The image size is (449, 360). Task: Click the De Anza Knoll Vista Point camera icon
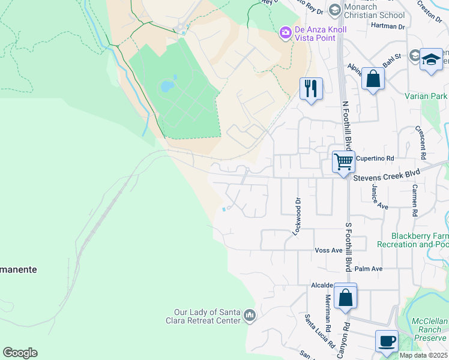tap(286, 31)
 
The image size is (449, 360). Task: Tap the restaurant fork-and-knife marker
tap(311, 89)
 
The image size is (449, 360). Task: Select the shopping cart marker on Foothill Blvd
tap(343, 161)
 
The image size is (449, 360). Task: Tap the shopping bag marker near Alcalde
tap(345, 296)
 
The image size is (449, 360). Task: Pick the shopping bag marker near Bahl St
tap(373, 79)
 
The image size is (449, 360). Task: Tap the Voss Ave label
tap(328, 250)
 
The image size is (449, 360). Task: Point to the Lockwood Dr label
tap(295, 215)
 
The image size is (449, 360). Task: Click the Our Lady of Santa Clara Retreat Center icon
tap(250, 315)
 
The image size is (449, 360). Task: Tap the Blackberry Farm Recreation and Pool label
tap(414, 240)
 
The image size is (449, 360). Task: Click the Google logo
tap(20, 353)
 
